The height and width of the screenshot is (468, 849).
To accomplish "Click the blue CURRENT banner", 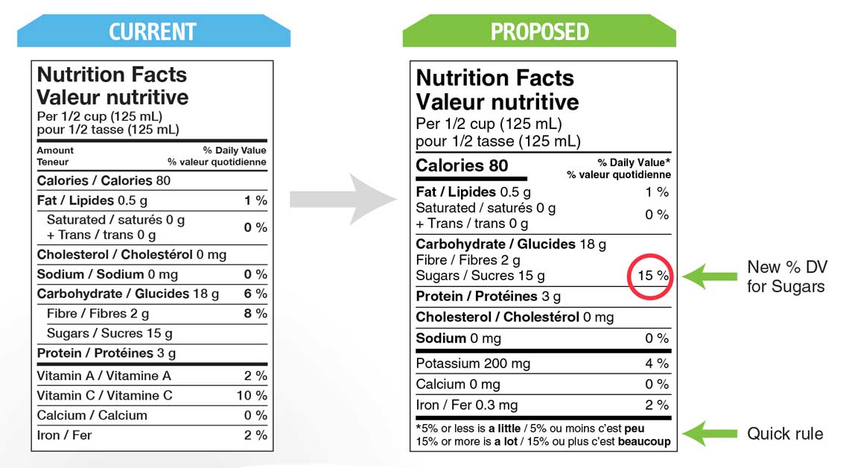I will tap(153, 31).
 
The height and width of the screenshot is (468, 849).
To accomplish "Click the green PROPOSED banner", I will tap(539, 31).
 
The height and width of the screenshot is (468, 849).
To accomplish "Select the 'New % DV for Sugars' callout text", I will tap(786, 276).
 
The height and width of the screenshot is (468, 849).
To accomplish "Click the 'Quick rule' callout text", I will tap(785, 434).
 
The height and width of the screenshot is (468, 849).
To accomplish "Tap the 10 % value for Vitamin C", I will tap(252, 396).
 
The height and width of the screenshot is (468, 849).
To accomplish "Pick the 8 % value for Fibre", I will tap(255, 314).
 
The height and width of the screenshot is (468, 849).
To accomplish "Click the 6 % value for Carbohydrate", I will tap(255, 294).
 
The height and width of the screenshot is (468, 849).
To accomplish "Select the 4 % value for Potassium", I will tap(657, 364).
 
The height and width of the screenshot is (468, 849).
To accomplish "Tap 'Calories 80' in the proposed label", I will tap(462, 165).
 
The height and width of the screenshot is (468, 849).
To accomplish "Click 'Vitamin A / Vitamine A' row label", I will tap(104, 376).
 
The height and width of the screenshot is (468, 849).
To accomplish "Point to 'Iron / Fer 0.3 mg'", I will tap(466, 405).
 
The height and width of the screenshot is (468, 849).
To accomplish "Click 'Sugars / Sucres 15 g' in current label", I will tap(109, 333).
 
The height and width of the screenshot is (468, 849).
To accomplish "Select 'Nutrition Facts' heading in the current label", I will tap(112, 75).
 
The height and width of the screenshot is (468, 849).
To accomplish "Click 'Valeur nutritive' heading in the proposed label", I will tap(497, 102).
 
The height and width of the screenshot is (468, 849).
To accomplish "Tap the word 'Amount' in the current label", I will tap(55, 151).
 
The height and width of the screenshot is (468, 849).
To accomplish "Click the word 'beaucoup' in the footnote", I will tap(643, 441).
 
